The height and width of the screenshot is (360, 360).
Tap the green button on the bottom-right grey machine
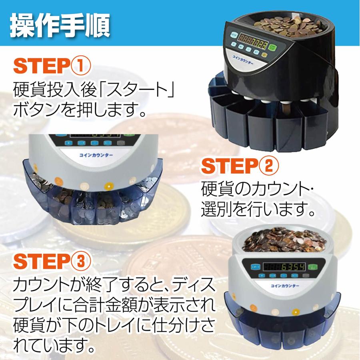point(312,267)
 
